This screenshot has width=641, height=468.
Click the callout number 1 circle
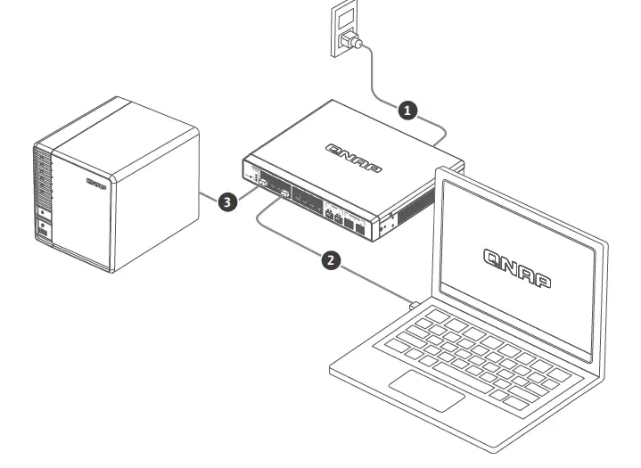407,110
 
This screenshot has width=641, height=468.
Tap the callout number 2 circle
330,259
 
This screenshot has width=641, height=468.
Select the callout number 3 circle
227,202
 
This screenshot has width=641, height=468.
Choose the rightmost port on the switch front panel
358,226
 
